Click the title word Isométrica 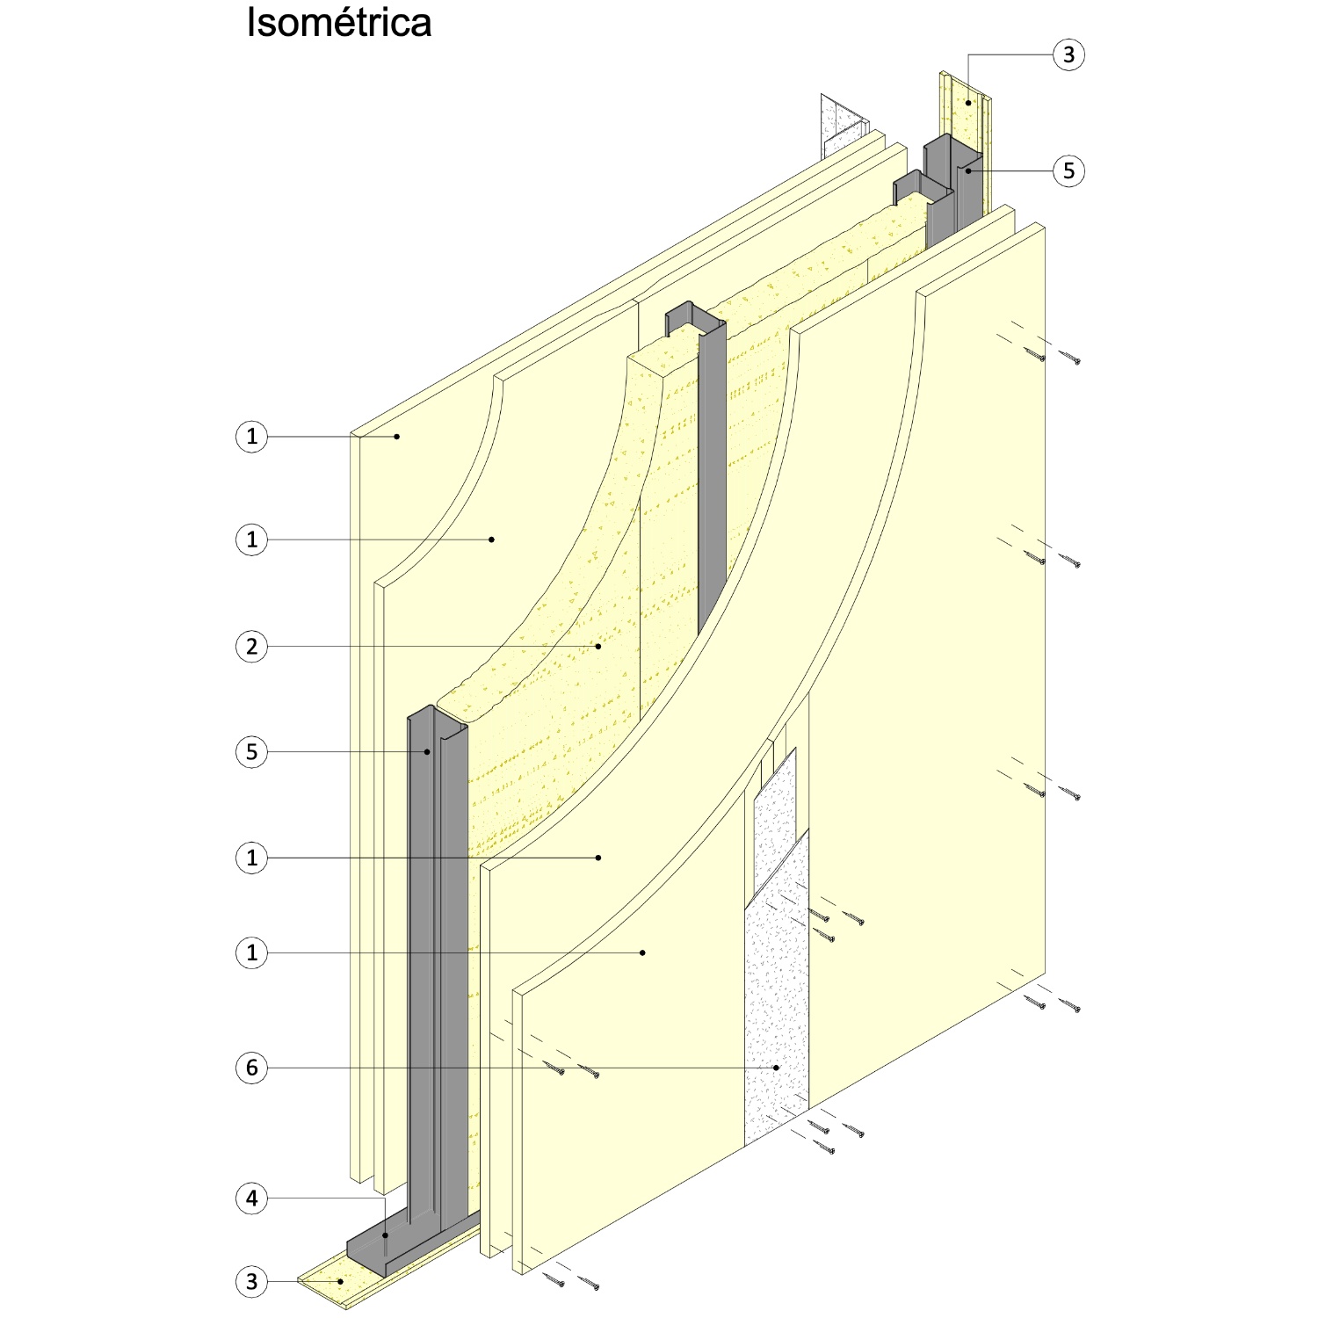[x=339, y=23]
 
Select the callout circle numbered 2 [x=252, y=647]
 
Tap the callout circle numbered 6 [x=252, y=1068]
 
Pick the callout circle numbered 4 [x=252, y=1199]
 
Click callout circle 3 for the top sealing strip [x=1068, y=54]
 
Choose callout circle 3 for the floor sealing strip [x=252, y=1282]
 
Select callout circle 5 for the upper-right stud [x=1068, y=170]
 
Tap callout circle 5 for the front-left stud [x=252, y=752]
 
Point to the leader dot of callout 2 [x=598, y=647]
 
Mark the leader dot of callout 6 [x=777, y=1068]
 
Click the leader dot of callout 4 [x=386, y=1235]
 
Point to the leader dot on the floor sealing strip [x=340, y=1282]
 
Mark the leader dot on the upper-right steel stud [x=967, y=170]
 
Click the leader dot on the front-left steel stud [x=428, y=752]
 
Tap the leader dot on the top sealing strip [x=968, y=103]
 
